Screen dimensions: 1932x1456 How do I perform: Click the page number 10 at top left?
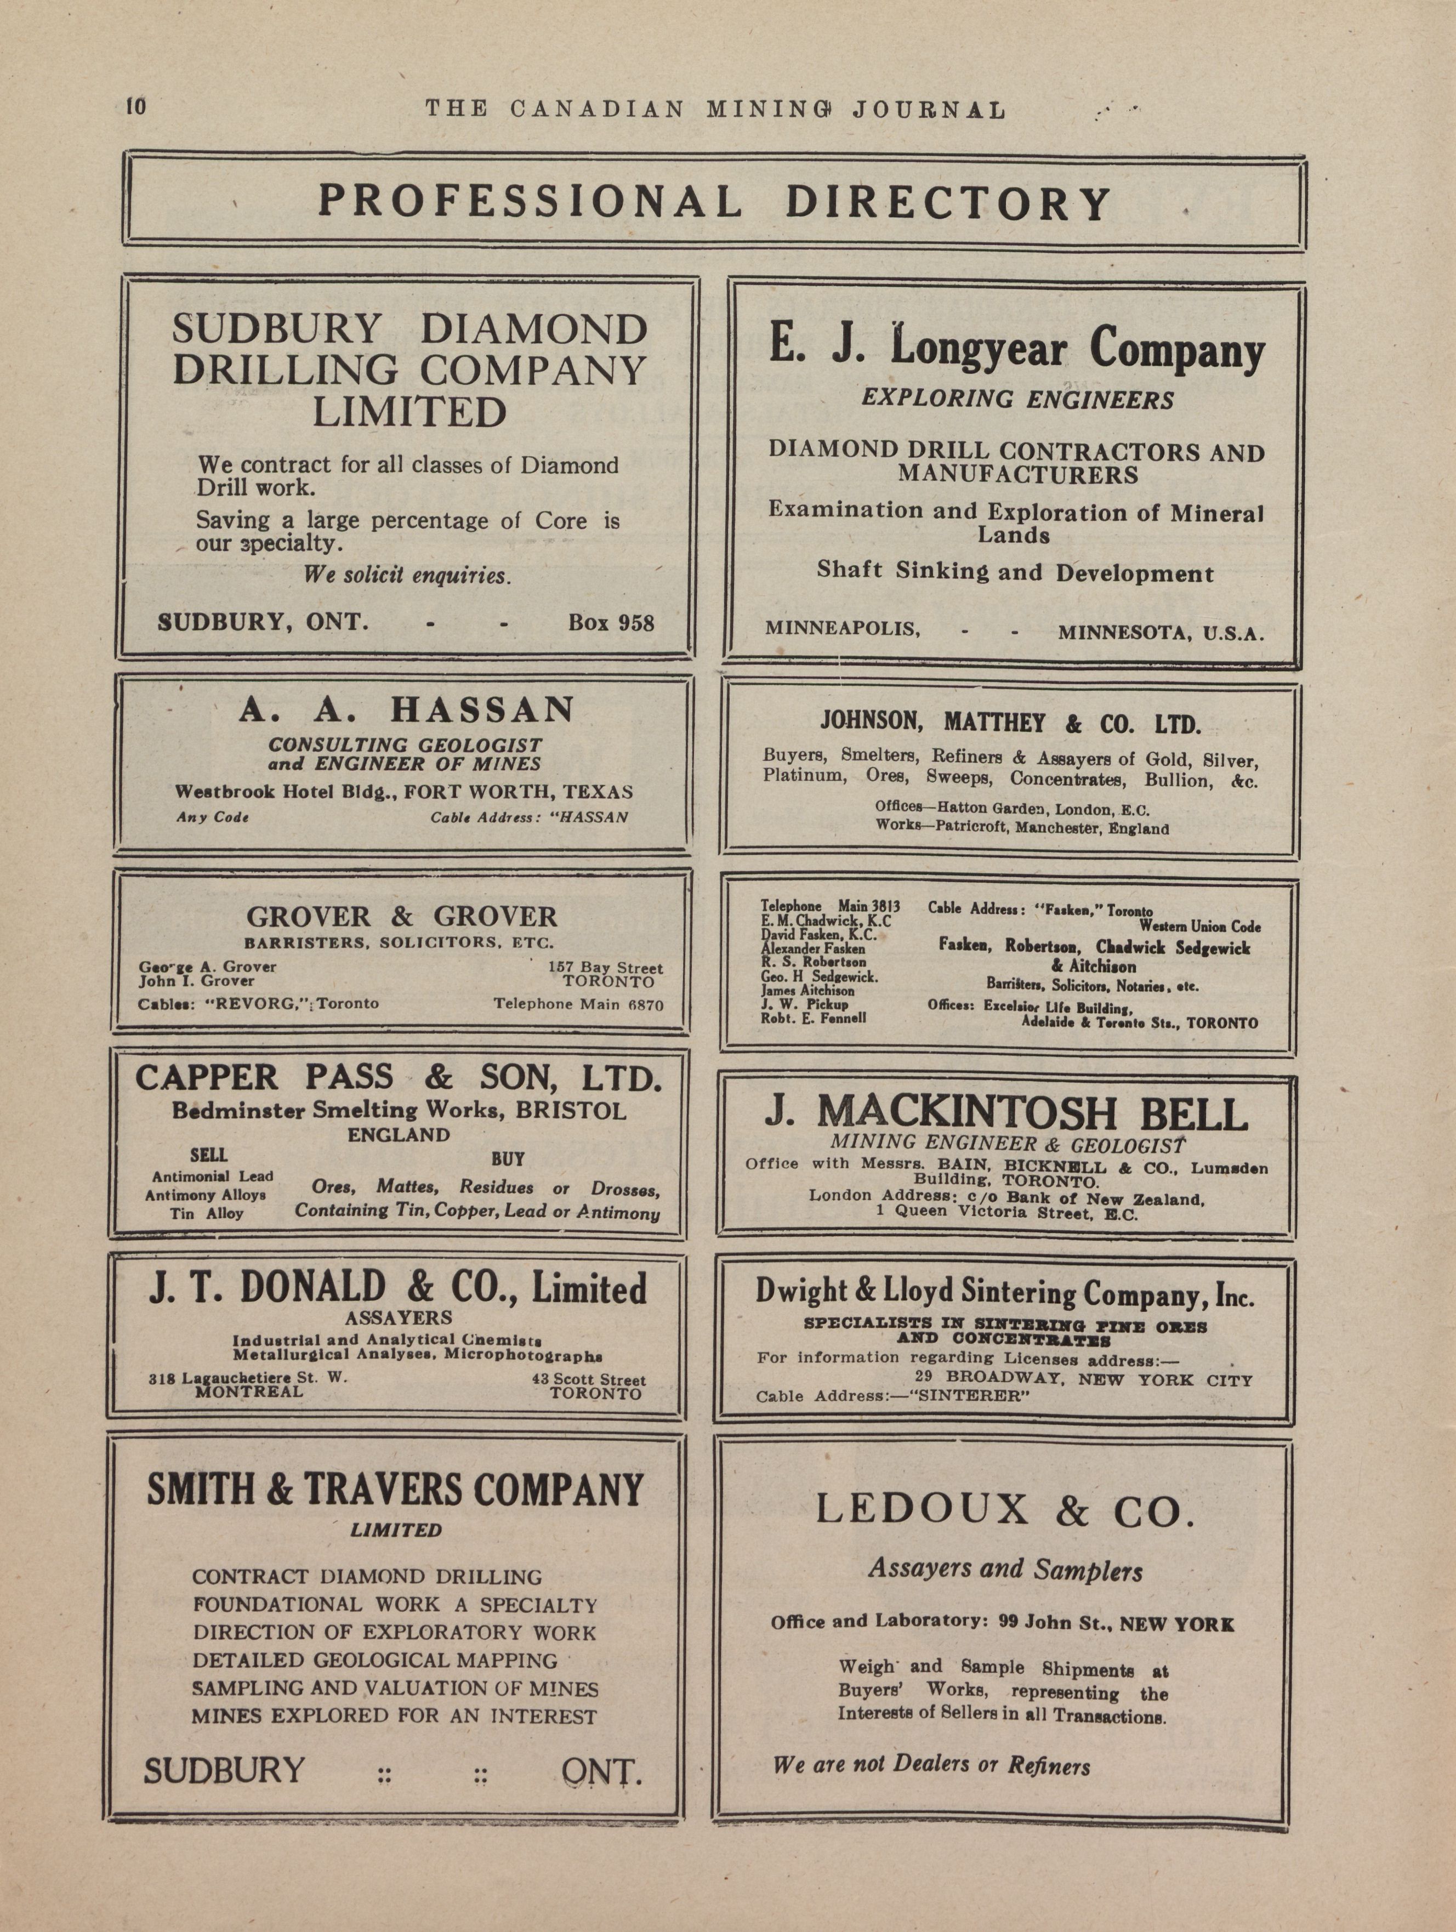137,106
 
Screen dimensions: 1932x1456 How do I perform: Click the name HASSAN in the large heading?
482,709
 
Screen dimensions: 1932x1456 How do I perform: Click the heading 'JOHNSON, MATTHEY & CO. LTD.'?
1010,723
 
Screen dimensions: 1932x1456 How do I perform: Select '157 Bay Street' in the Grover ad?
605,968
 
